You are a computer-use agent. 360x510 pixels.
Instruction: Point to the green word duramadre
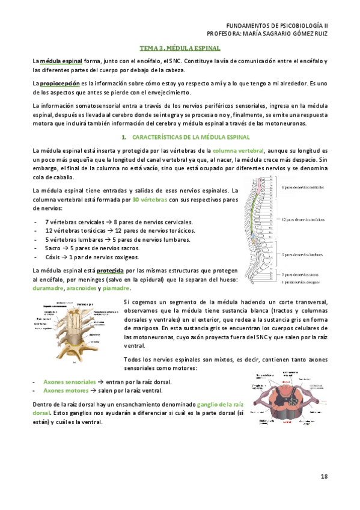47,289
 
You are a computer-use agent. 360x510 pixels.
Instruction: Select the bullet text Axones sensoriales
69,382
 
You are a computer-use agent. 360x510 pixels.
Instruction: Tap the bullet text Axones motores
66,391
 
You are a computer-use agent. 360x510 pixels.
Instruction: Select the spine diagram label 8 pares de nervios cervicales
303,188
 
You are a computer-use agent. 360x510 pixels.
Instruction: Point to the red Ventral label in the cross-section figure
288,422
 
